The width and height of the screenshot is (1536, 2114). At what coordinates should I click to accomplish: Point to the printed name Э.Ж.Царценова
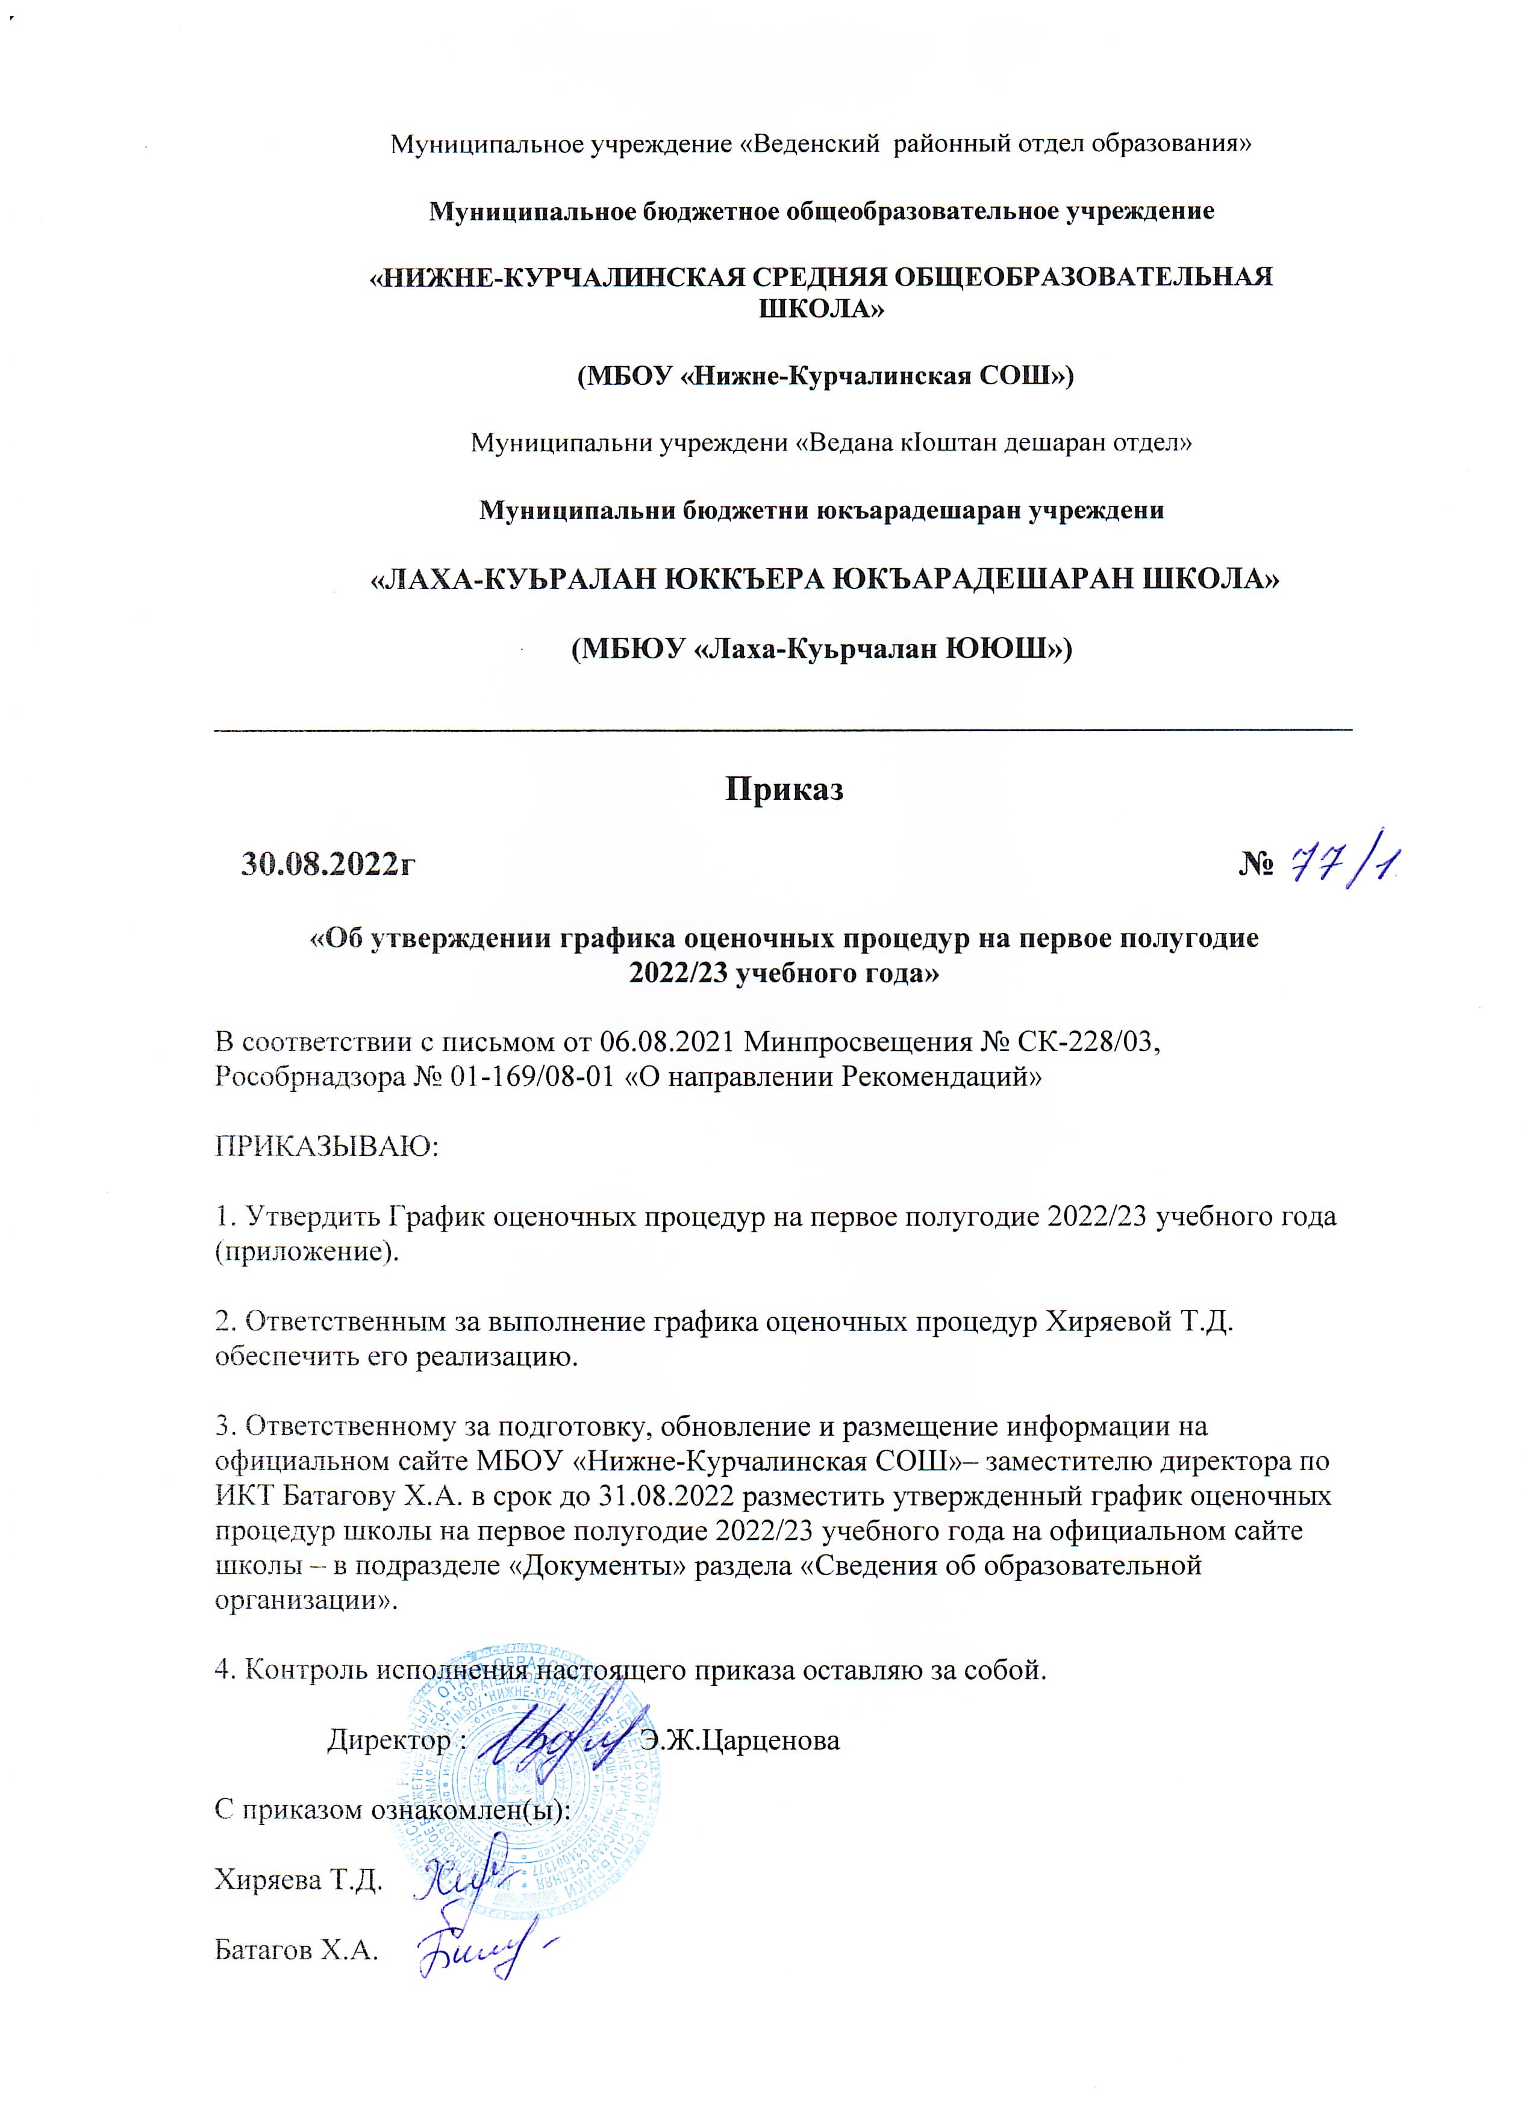(740, 1739)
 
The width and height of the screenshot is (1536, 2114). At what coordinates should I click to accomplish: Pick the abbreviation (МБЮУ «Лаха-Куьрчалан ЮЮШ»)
(821, 647)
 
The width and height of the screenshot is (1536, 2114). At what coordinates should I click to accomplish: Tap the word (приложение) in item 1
(307, 1251)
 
